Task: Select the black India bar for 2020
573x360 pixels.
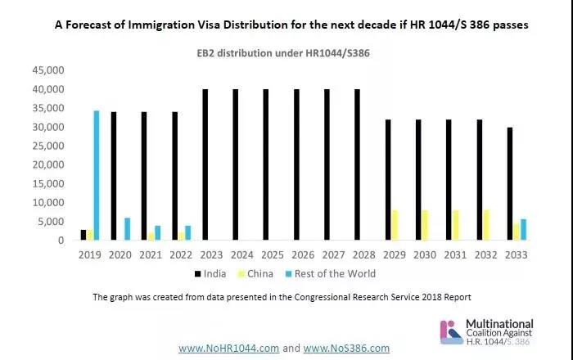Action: pyautogui.click(x=114, y=176)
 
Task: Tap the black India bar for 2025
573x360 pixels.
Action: pyautogui.click(x=265, y=164)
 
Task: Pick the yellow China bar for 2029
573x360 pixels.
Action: pyautogui.click(x=395, y=225)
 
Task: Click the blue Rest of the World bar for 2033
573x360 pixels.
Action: pyautogui.click(x=525, y=230)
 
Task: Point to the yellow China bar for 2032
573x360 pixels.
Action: pyautogui.click(x=486, y=225)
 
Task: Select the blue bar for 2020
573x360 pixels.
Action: pyautogui.click(x=127, y=229)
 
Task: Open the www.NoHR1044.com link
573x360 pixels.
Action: pyautogui.click(x=230, y=348)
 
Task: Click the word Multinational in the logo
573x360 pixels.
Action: pyautogui.click(x=499, y=323)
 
